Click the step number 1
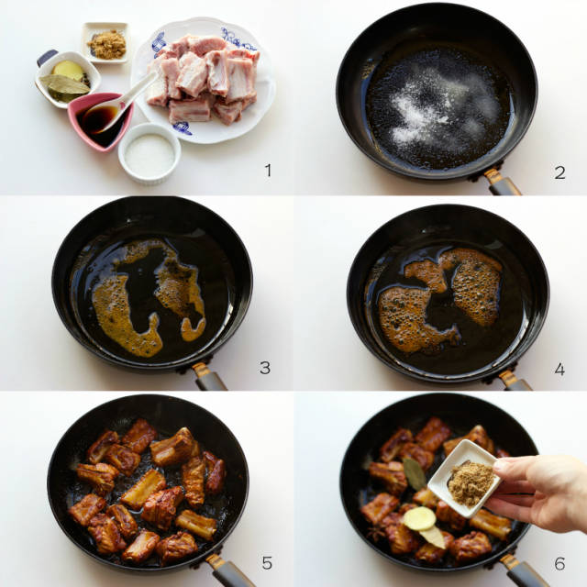pos(268,171)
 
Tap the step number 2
pos(559,172)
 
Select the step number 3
pos(265,368)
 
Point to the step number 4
pos(559,369)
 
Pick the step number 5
pos(267,562)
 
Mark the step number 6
pos(559,563)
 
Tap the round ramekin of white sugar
pos(150,153)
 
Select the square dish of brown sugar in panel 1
pos(105,42)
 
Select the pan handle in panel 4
pos(515,381)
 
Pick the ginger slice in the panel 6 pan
pos(420,518)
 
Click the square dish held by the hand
pos(464,478)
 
